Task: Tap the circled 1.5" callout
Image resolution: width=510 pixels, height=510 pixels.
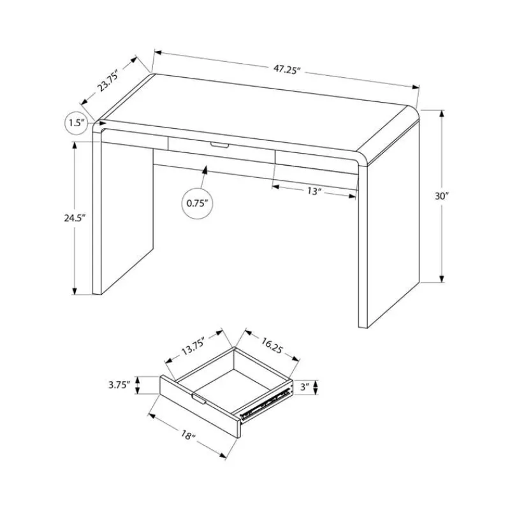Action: tap(76, 123)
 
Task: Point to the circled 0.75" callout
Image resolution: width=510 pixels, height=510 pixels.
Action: tap(197, 203)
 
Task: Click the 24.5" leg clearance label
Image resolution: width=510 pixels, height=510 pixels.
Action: tap(75, 218)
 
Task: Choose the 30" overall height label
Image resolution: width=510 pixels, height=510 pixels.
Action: tap(441, 196)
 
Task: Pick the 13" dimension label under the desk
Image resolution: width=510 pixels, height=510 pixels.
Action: tap(314, 191)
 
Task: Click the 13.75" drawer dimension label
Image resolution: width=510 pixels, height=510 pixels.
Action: tap(193, 347)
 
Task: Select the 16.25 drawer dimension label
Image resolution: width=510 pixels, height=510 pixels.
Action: tap(270, 346)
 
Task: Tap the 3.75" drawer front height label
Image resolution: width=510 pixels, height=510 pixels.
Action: tap(119, 385)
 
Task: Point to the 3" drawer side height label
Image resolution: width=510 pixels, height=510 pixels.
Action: tap(305, 388)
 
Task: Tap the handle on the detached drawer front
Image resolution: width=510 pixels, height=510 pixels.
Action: tap(199, 399)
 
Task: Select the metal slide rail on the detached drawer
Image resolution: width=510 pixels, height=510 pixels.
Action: tap(265, 403)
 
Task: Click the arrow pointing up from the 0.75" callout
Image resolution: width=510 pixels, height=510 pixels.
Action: tap(203, 178)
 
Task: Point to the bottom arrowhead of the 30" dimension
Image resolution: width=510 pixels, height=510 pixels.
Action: tap(442, 279)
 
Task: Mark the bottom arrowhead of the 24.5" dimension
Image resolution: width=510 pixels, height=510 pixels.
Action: tap(75, 291)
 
